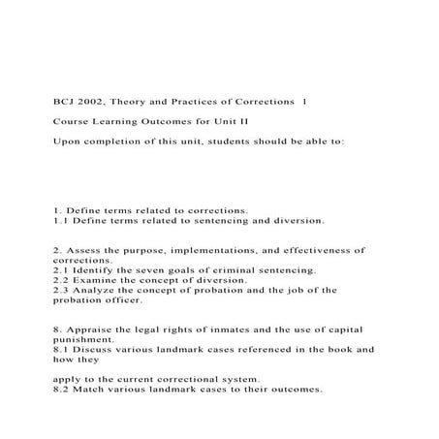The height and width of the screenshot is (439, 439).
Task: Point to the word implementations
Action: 200,249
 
